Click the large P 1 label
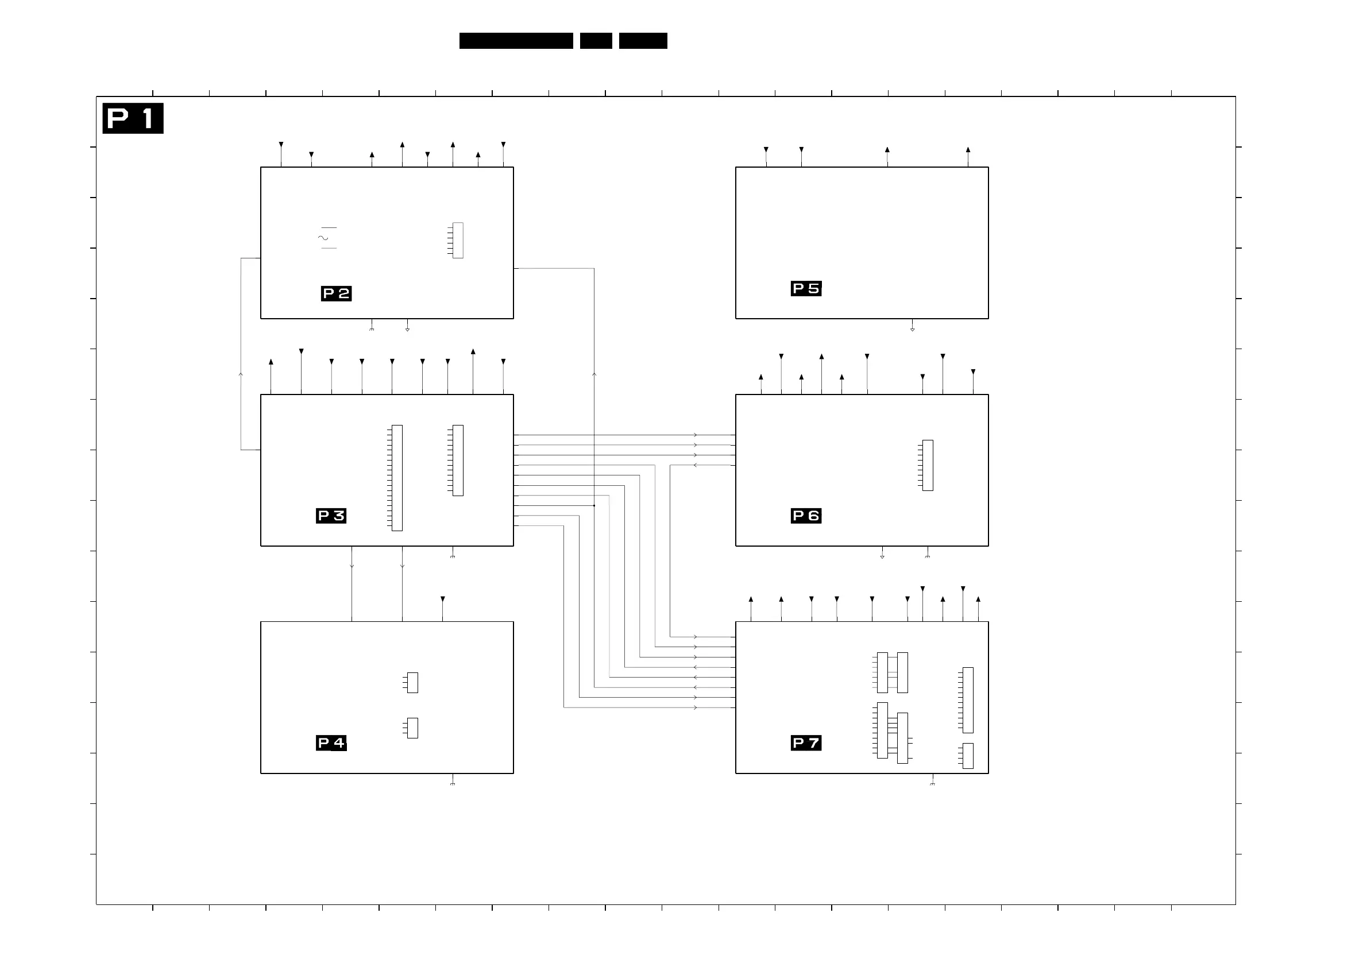pyautogui.click(x=133, y=118)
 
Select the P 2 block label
pyautogui.click(x=336, y=293)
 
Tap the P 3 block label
pyautogui.click(x=331, y=516)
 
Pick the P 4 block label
pyautogui.click(x=331, y=742)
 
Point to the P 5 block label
pyautogui.click(x=806, y=289)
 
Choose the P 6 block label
pyautogui.click(x=806, y=516)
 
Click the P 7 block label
pyautogui.click(x=806, y=742)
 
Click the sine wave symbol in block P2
pyautogui.click(x=323, y=238)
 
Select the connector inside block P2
pyautogui.click(x=457, y=240)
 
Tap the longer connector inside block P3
pyautogui.click(x=397, y=478)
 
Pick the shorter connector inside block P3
pyautogui.click(x=457, y=460)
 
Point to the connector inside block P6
pyautogui.click(x=928, y=465)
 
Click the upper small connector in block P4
pyautogui.click(x=412, y=682)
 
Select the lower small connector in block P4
pyautogui.click(x=412, y=728)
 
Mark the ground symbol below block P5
pyautogui.click(x=912, y=328)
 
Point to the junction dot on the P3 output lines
pyautogui.click(x=594, y=505)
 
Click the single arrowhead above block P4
pyautogui.click(x=443, y=599)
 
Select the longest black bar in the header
pyautogui.click(x=516, y=41)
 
